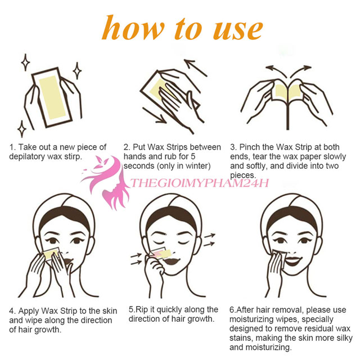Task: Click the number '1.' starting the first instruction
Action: [12, 147]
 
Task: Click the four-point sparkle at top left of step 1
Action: [25, 61]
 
